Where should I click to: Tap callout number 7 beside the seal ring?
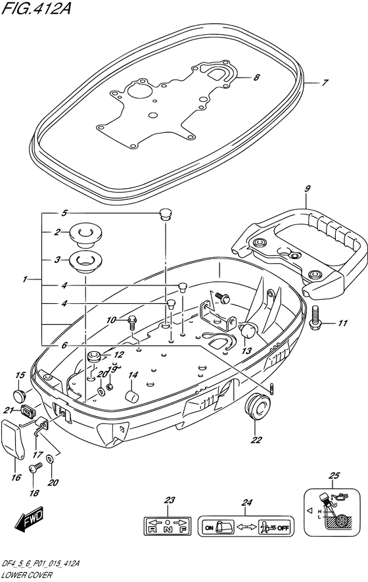pyautogui.click(x=324, y=84)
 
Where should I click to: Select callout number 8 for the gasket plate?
pyautogui.click(x=256, y=78)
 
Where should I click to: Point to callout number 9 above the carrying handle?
pyautogui.click(x=307, y=189)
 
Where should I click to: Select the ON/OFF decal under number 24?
pyautogui.click(x=246, y=527)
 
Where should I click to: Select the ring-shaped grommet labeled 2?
pyautogui.click(x=83, y=232)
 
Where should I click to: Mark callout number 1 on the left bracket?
pyautogui.click(x=24, y=279)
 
